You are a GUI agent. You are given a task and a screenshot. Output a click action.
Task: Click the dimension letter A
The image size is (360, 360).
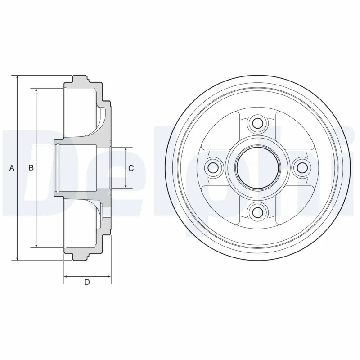[x=12, y=168]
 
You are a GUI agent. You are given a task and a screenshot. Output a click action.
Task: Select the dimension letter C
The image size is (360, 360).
[x=131, y=168]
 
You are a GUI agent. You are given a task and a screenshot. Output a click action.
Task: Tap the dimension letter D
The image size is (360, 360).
[x=87, y=283]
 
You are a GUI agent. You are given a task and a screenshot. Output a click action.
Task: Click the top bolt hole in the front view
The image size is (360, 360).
[x=258, y=123]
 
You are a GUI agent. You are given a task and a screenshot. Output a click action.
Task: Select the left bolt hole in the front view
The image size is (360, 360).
[x=213, y=167]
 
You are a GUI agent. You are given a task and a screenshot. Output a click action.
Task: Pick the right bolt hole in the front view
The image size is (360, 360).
[x=302, y=167]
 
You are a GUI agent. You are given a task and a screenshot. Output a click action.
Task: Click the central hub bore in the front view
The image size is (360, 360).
[x=258, y=167]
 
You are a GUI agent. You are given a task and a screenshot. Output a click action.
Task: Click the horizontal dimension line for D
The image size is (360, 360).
[x=87, y=276]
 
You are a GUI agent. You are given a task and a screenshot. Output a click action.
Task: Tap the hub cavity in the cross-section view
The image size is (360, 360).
[x=81, y=167]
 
